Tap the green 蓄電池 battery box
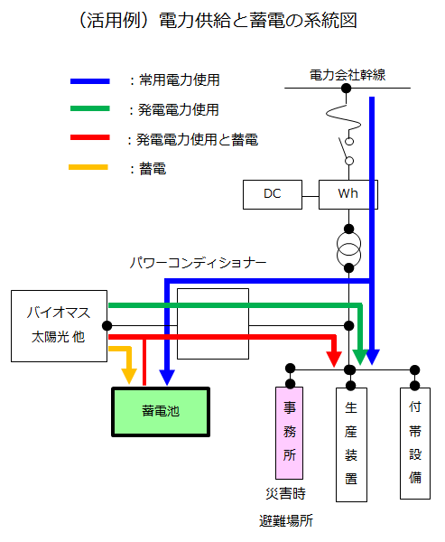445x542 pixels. tap(161, 412)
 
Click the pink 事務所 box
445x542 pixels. tap(290, 433)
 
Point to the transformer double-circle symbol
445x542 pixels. tap(349, 249)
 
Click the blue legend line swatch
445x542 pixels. tap(90, 81)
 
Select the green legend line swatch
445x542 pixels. tap(90, 108)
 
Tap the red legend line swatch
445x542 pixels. tap(90, 137)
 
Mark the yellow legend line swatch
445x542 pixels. tap(88, 167)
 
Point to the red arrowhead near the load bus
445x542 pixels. tap(334, 360)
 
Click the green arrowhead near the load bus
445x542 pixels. tap(360, 358)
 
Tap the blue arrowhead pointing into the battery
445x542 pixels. tap(167, 378)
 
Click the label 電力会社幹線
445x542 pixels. tap(348, 75)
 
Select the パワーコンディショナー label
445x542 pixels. tap(198, 263)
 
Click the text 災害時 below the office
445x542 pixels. tap(286, 493)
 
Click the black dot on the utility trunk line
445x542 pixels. tap(347, 89)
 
